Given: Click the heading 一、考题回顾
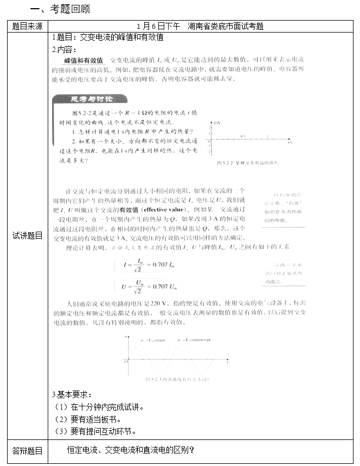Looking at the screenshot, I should click(x=60, y=9).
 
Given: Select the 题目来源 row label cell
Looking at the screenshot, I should click(x=27, y=26).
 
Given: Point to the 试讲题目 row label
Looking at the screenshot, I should click(x=27, y=235).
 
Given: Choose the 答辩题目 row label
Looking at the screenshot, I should click(x=27, y=450).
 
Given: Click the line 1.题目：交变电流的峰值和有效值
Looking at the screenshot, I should click(x=108, y=38).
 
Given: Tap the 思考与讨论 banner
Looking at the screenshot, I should click(x=89, y=98).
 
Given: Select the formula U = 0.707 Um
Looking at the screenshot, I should click(x=146, y=285).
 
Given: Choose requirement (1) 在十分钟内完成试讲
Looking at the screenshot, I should click(x=100, y=406).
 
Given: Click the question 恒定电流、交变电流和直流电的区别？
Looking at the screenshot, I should click(x=131, y=450).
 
